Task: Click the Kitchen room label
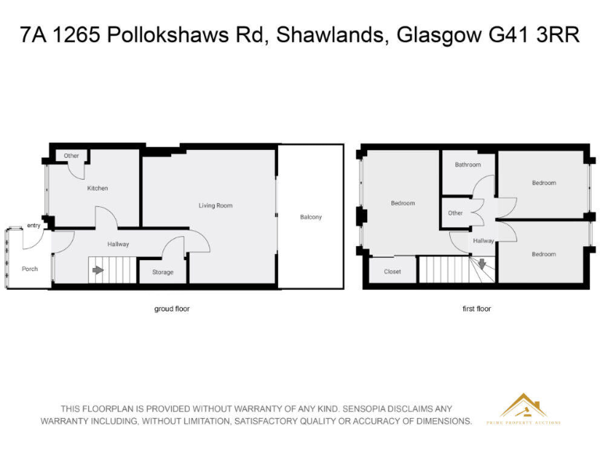coord(98,188)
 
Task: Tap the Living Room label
coord(215,205)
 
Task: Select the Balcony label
coord(310,217)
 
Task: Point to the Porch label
coord(30,269)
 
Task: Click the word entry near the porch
coord(34,226)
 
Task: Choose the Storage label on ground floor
coord(162,273)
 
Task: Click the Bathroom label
coord(468,165)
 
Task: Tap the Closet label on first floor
coord(392,272)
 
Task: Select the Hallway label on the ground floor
coord(119,245)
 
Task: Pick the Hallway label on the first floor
coord(483,241)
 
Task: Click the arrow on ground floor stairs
coord(98,271)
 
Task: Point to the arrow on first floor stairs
coord(483,264)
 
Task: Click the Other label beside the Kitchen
coord(72,155)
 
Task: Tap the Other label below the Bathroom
coord(455,213)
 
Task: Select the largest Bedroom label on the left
coord(402,203)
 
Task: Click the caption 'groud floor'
coord(171,309)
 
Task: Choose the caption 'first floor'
coord(477,309)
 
